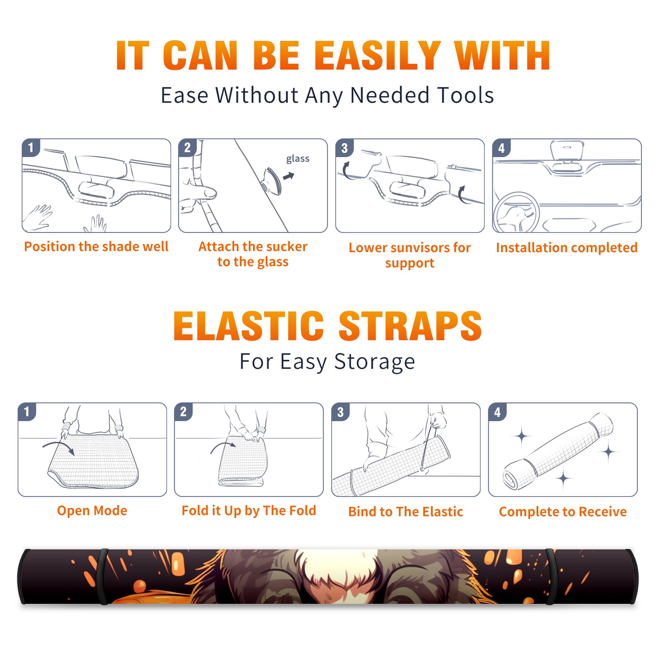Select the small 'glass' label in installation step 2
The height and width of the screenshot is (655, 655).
tap(298, 159)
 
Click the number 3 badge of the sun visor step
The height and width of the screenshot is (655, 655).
tap(344, 148)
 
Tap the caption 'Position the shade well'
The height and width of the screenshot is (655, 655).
tap(96, 246)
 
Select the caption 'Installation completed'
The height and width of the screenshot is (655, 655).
tap(567, 248)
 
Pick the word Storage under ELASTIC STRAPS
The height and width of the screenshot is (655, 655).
tap(375, 362)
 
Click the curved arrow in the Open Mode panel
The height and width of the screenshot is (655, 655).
tap(59, 447)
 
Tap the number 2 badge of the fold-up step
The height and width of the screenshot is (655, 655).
tap(183, 411)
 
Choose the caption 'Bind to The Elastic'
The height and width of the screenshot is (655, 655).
tap(406, 512)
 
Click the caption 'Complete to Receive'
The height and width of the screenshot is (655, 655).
tap(563, 512)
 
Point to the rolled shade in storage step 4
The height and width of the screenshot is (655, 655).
tap(558, 452)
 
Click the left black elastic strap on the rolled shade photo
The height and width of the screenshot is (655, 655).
tap(102, 576)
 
